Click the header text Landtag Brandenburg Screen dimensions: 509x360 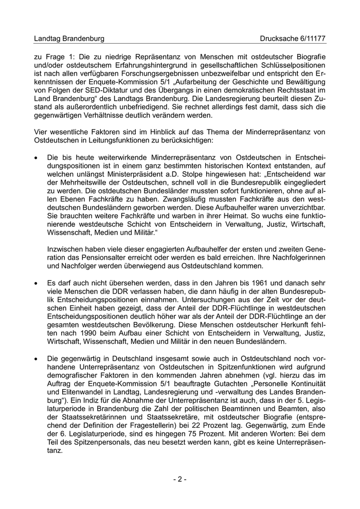pos(69,39)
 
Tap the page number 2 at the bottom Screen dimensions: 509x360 pos(179,479)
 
